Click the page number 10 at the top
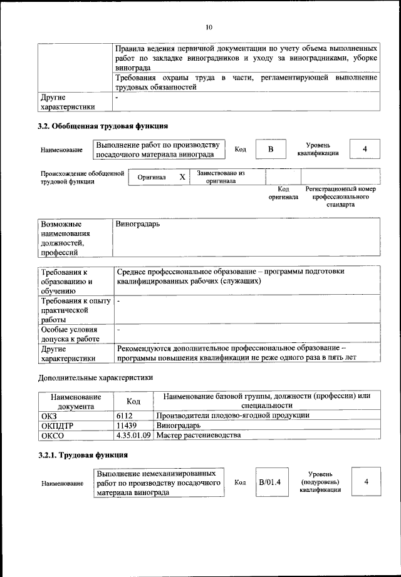pos(209,27)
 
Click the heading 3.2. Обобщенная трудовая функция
pos(103,126)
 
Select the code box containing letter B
pos(271,149)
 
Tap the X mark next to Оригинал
pos(182,177)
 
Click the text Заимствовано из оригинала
pos(221,176)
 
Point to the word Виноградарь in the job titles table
pos(137,223)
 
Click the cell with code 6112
pos(126,415)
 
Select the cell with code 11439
pos(128,425)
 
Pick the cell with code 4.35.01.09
pos(134,434)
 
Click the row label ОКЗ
pos(49,415)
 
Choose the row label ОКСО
pos(52,434)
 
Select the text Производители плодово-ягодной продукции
pos(232,415)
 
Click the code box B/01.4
pos(270,482)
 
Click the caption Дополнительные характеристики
pos(95,377)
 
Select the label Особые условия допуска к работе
pos(69,334)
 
